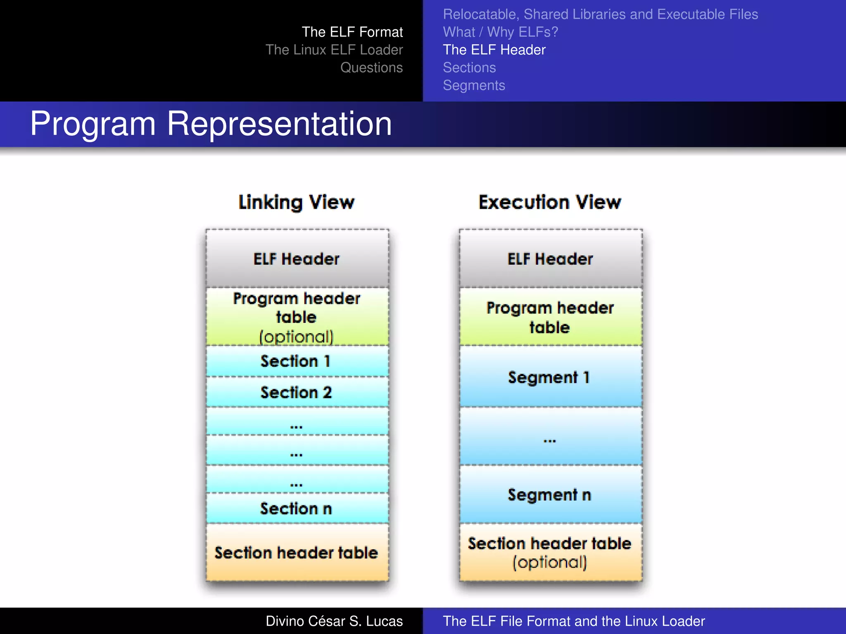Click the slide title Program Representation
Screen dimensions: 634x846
coord(211,124)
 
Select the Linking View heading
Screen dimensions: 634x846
coord(296,202)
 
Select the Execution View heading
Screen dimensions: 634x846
coord(550,202)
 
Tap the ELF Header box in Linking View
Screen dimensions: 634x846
coord(297,259)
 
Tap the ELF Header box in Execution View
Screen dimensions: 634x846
coord(550,259)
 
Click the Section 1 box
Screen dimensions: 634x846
coord(296,361)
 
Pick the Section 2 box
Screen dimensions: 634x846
coord(296,392)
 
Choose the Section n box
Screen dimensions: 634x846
coord(296,509)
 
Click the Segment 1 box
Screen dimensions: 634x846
coord(549,377)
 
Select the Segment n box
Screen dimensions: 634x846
coord(549,494)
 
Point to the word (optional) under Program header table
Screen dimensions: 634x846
coord(296,337)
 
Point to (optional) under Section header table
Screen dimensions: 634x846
coord(550,562)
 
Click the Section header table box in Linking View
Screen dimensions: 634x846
coord(296,552)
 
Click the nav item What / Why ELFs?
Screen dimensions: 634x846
coord(500,32)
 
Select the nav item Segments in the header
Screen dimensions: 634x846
coord(474,85)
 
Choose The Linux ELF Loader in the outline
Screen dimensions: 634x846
coord(334,50)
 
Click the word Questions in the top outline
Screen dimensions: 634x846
coord(371,67)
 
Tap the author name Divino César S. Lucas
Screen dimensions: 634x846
coord(334,621)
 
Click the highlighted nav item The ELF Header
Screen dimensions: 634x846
coord(494,50)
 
